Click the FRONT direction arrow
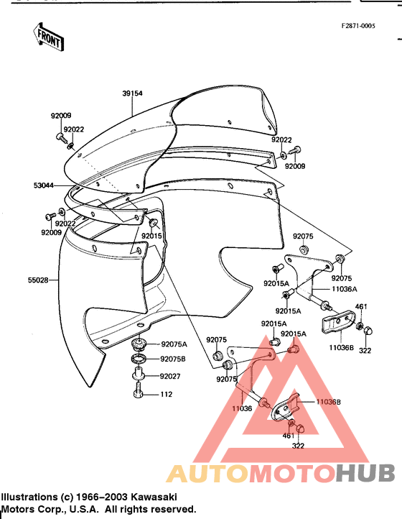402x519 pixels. coord(48,37)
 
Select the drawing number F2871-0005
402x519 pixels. coord(358,26)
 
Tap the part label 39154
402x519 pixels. coord(132,93)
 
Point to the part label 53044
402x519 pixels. coord(44,185)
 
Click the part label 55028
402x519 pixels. coord(38,280)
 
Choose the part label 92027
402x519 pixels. coord(170,377)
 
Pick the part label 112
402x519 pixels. coord(167,394)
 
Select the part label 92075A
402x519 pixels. coord(174,344)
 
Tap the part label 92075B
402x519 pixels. coord(173,359)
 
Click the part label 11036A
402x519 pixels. coord(345,289)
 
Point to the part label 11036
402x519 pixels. coord(242,408)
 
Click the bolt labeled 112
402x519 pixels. coord(139,390)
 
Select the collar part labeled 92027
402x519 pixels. coord(139,374)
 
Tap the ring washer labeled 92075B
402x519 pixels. coord(139,358)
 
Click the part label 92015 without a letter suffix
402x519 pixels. coord(151,236)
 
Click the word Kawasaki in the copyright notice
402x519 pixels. coord(154,497)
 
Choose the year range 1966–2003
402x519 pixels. coord(103,497)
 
